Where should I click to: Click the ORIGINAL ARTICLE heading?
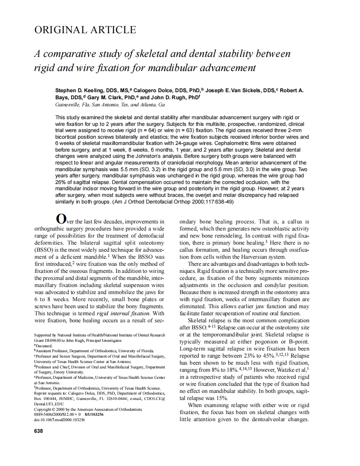click(x=85, y=30)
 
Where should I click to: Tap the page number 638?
click(x=38, y=431)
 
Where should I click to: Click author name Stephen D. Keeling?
click(x=79, y=90)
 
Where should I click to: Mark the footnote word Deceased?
click(x=44, y=346)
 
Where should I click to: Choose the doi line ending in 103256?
click(x=59, y=420)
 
